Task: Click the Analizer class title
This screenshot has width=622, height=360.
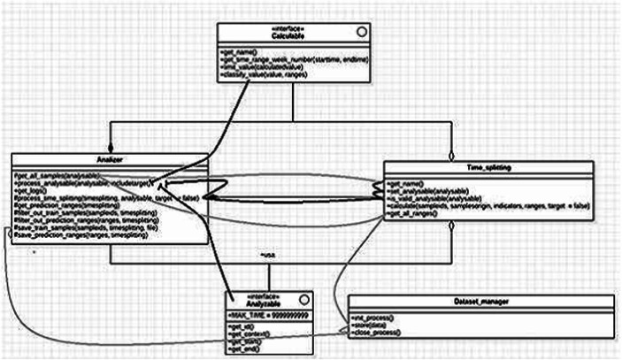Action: (x=111, y=160)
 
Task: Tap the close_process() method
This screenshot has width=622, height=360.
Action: (x=380, y=331)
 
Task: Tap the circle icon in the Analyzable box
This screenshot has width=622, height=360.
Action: (x=302, y=296)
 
